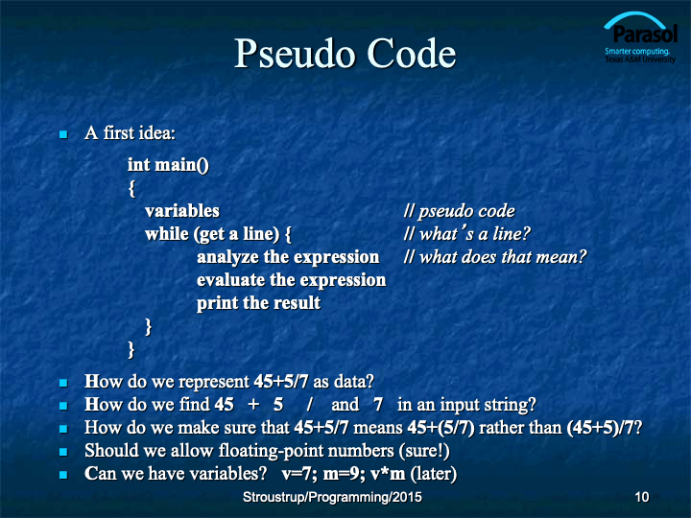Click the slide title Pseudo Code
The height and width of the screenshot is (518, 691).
point(345,54)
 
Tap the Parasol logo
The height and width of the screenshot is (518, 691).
point(640,37)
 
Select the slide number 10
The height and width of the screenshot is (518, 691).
point(642,497)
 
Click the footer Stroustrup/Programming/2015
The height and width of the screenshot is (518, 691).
point(332,497)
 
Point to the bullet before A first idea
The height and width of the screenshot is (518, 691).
point(63,134)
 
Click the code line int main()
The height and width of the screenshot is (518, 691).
point(168,165)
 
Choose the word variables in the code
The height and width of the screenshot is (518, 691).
point(182,211)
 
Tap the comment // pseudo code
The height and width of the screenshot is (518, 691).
point(459,211)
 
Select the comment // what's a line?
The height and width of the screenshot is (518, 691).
point(466,234)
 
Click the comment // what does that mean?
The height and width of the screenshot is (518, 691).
point(495,257)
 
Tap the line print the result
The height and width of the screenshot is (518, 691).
point(259,303)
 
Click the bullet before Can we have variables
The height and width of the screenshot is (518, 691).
point(63,475)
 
